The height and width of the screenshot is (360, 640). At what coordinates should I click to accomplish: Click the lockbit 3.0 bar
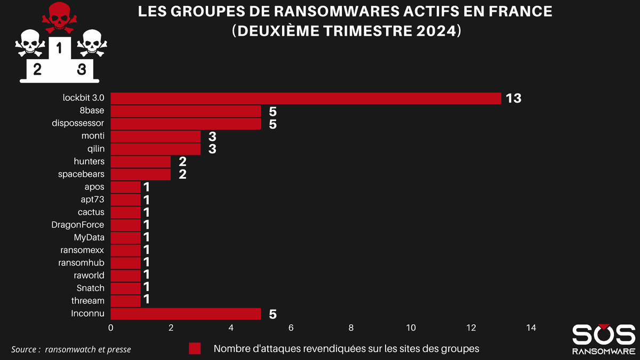[x=306, y=99]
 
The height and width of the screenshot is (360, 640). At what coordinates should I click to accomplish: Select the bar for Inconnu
[x=186, y=314]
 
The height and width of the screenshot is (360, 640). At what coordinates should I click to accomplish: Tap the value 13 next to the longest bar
[x=514, y=99]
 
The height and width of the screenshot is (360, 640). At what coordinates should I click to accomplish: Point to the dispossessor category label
[x=78, y=123]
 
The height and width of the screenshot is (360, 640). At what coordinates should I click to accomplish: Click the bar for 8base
[x=186, y=111]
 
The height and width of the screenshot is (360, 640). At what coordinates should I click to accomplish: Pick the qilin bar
[x=155, y=149]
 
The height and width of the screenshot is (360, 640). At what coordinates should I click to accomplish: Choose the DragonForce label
[x=78, y=225]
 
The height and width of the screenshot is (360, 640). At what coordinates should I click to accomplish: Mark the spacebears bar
[x=140, y=174]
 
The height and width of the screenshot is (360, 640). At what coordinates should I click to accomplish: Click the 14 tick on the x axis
[x=531, y=327]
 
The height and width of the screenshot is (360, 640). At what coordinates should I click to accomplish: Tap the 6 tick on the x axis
[x=291, y=327]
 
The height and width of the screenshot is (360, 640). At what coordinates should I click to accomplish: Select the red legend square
[x=195, y=349]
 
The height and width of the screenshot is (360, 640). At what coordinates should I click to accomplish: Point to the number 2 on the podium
[x=37, y=69]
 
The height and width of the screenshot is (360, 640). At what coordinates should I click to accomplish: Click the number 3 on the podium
[x=81, y=69]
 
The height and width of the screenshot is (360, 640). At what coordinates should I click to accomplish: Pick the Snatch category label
[x=90, y=288]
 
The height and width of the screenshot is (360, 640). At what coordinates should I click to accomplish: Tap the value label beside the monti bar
[x=212, y=136]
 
